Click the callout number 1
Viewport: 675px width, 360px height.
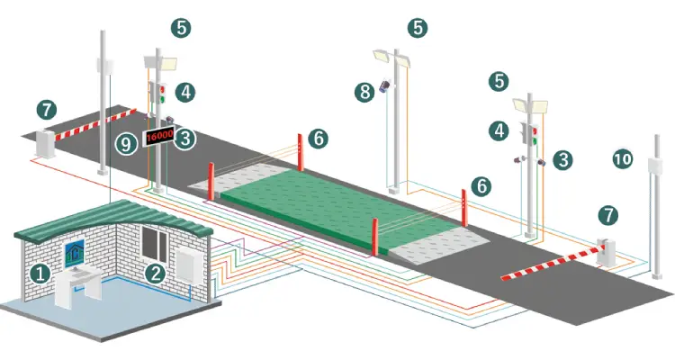(x=40, y=274)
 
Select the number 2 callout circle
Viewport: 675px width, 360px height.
(x=156, y=274)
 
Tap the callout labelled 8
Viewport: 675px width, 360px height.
(x=365, y=92)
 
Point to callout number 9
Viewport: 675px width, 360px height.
(x=126, y=143)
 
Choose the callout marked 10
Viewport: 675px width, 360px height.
(x=622, y=159)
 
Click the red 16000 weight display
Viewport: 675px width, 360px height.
(x=158, y=137)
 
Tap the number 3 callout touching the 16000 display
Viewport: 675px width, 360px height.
(x=185, y=139)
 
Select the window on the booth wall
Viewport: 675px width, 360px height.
(x=154, y=243)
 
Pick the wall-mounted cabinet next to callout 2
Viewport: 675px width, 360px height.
(x=188, y=265)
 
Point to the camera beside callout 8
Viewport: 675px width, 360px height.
(x=385, y=85)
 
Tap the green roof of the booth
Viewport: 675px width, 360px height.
(x=113, y=219)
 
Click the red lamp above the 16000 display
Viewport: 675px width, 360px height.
(x=162, y=90)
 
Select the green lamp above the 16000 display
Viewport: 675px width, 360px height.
(x=162, y=100)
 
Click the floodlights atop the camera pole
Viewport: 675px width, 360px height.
(x=391, y=58)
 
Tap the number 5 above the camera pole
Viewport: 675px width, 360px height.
(x=418, y=28)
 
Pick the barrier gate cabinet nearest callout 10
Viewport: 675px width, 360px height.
(x=606, y=252)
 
